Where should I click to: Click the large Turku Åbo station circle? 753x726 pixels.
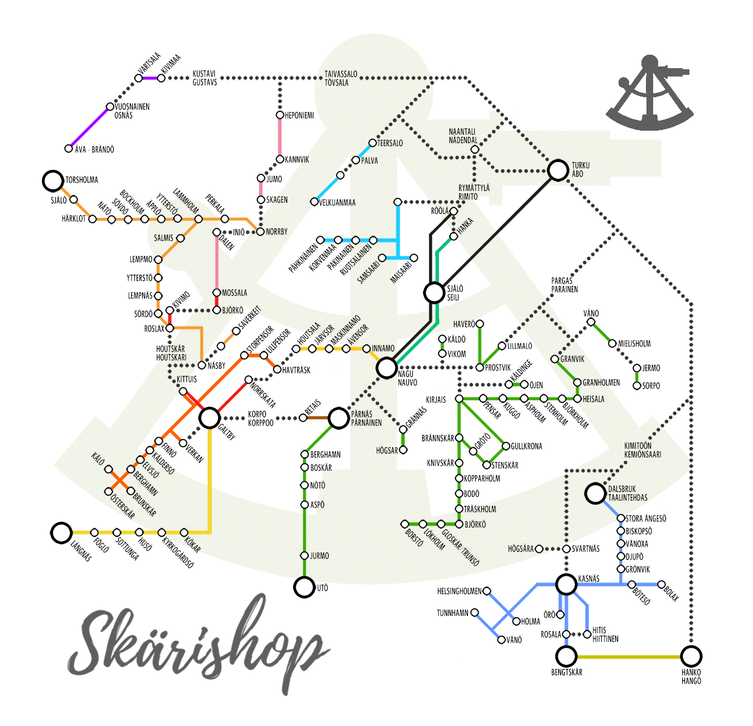[x=558, y=170]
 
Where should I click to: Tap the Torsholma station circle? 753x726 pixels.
[x=53, y=181]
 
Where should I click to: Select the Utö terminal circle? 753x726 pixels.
[x=305, y=587]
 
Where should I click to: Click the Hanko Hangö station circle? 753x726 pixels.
[x=691, y=657]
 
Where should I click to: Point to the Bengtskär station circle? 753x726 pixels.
[x=567, y=657]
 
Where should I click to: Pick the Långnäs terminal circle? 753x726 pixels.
[x=61, y=533]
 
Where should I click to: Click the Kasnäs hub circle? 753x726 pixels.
[x=566, y=585]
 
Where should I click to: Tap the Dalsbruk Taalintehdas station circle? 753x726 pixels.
[x=596, y=494]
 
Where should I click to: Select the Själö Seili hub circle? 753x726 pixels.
[x=434, y=293]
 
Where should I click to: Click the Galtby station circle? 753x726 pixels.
[x=210, y=418]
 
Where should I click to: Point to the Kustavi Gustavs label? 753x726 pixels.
[x=205, y=78]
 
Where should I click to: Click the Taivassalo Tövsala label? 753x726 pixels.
[x=341, y=78]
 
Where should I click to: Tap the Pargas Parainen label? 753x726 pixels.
[x=564, y=285]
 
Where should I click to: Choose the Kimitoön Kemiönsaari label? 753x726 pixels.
[x=642, y=450]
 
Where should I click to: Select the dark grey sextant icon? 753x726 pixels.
[x=650, y=95]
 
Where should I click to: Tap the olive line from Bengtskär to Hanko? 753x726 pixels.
[x=629, y=657]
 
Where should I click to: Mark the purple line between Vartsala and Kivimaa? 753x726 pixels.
[x=150, y=78]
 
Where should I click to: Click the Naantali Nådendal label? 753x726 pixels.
[x=462, y=136]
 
